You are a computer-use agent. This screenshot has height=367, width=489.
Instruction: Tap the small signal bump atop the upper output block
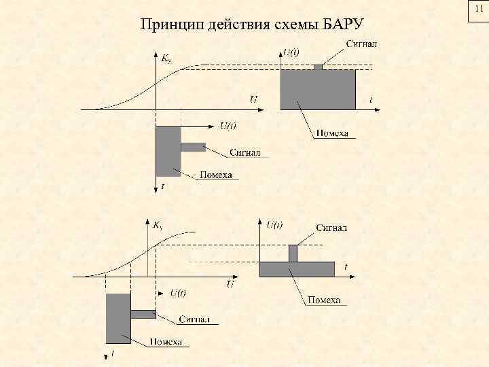(317, 67)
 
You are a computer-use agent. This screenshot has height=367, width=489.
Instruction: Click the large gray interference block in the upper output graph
(318, 89)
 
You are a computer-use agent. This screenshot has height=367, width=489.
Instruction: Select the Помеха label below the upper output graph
(331, 133)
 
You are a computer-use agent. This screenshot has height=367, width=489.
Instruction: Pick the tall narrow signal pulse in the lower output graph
(293, 253)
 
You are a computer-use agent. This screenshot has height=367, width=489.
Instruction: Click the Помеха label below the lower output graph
(323, 300)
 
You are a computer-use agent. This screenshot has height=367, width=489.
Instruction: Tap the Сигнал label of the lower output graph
(331, 227)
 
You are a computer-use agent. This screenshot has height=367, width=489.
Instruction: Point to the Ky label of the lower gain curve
(158, 224)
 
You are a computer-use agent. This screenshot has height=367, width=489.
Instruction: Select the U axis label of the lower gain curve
(230, 284)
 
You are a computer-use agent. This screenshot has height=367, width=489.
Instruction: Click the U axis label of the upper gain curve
(253, 100)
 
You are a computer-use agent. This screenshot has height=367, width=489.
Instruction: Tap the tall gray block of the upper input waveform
(168, 151)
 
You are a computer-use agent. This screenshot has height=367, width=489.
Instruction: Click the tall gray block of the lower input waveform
(118, 318)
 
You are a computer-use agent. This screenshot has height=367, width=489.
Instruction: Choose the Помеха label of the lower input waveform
(166, 342)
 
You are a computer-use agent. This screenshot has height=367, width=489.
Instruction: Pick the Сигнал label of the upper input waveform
(243, 152)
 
